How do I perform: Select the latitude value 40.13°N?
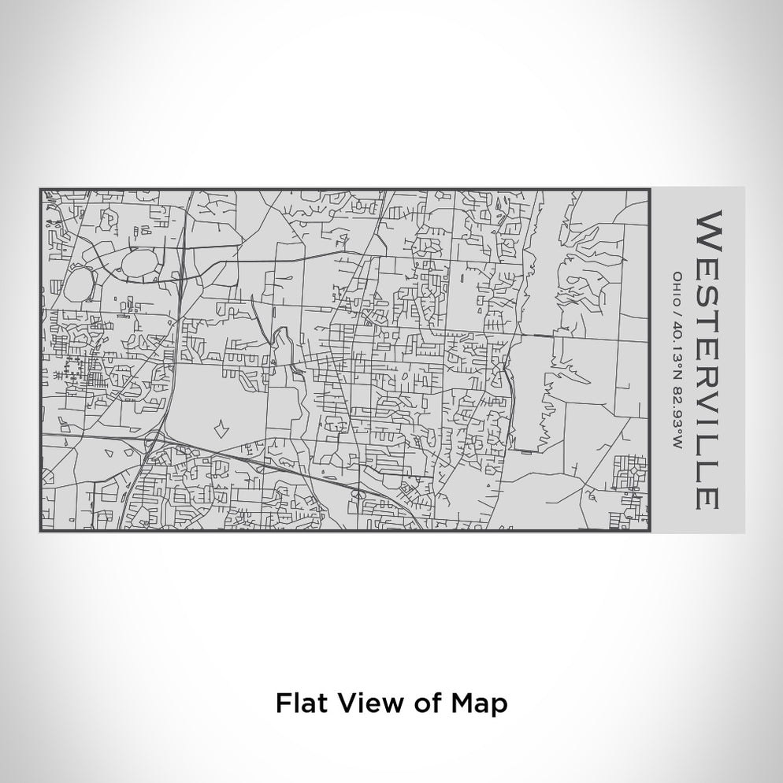coord(675,343)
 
